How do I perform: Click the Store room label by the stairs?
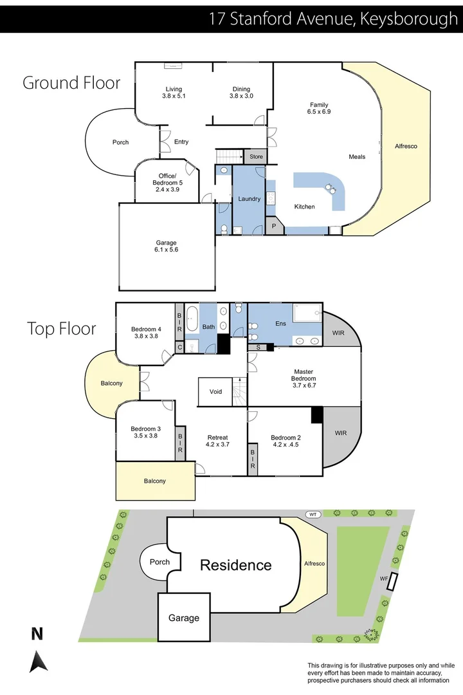(x=257, y=156)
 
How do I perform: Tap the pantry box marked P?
(x=273, y=226)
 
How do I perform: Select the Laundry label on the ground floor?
(x=249, y=199)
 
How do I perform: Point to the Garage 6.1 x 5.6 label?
(x=166, y=246)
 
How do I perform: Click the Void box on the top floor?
(x=215, y=391)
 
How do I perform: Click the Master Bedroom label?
(x=303, y=375)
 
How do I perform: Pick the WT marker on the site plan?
(x=313, y=514)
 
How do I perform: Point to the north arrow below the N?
(x=39, y=660)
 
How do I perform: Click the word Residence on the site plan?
(x=235, y=565)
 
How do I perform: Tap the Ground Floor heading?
(x=71, y=82)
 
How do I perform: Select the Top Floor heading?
(x=61, y=328)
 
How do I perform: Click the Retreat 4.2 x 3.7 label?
(x=217, y=441)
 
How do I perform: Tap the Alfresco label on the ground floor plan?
(x=406, y=146)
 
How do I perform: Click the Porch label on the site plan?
(x=159, y=562)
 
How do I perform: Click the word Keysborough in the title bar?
(x=409, y=19)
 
